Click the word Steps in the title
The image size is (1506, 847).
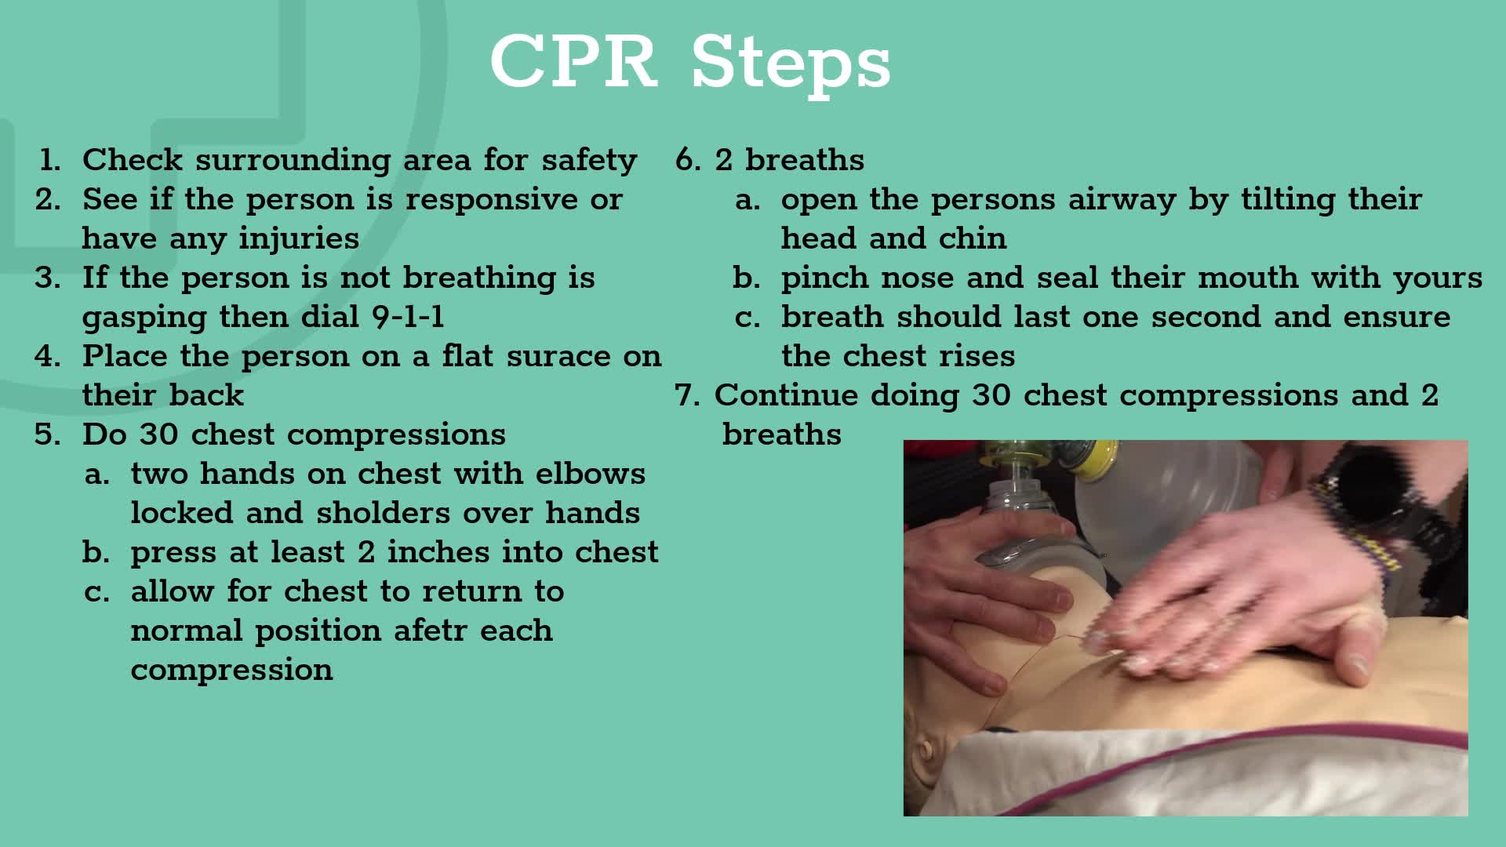(x=791, y=64)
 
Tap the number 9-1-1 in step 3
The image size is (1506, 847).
(x=408, y=317)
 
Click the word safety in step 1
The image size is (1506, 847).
(x=589, y=160)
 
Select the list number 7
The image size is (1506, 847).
(x=686, y=395)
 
